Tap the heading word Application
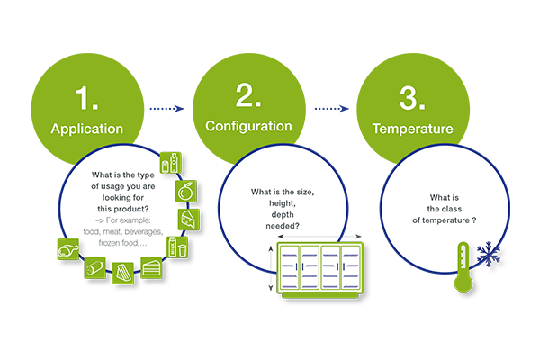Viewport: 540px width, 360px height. point(86,129)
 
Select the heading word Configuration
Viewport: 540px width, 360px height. point(248,126)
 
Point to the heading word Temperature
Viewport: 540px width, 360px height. point(412,129)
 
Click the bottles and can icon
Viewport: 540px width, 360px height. point(171,163)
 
